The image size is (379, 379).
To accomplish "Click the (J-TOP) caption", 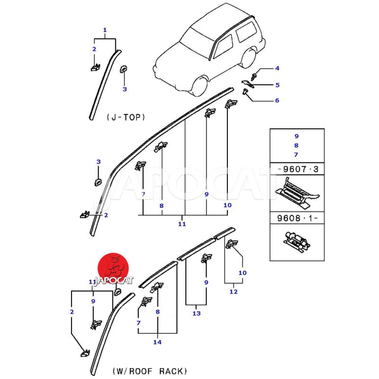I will [x=126, y=117].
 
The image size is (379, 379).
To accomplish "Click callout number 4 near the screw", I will [x=277, y=68].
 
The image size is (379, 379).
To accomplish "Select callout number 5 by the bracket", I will [x=277, y=85].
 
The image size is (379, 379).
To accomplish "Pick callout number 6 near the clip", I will [x=277, y=100].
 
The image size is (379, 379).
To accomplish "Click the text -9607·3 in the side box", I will [x=297, y=169].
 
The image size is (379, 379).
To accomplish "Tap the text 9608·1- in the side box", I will [x=297, y=219].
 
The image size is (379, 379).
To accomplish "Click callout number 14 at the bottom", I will [x=157, y=342].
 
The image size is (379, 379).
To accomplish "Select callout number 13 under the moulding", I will [x=197, y=313].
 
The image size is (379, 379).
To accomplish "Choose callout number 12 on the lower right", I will [x=233, y=292].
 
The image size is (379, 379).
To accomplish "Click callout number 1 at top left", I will [x=105, y=29].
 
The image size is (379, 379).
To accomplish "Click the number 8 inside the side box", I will [x=296, y=145].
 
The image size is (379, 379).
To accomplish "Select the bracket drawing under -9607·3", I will [x=297, y=193].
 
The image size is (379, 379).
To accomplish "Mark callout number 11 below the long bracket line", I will [x=182, y=224].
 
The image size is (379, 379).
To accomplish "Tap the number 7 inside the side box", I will [x=296, y=155].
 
